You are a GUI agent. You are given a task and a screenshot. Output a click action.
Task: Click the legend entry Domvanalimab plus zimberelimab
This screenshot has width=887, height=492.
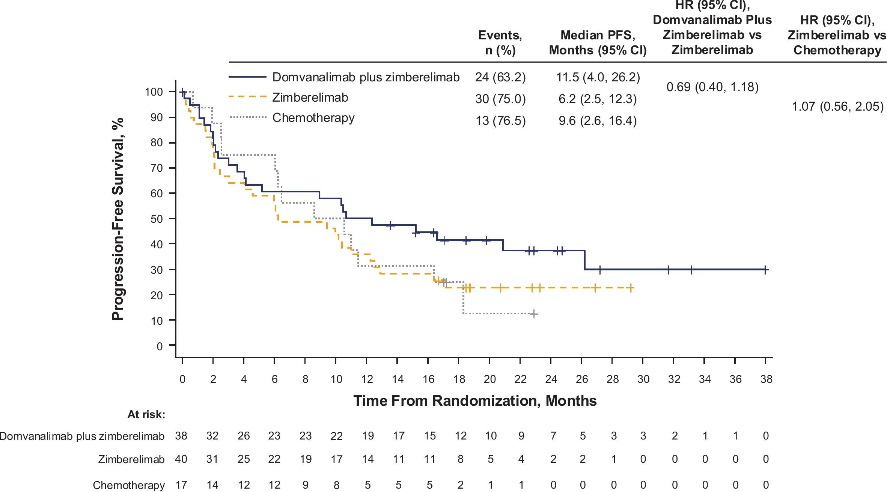coord(366,77)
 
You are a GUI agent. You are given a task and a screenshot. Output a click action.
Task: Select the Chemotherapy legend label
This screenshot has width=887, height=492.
coord(313,118)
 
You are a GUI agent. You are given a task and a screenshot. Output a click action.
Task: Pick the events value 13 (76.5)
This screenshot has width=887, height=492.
coord(500,121)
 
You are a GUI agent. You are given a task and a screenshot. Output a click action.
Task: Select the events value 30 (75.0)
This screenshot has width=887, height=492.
coord(500,99)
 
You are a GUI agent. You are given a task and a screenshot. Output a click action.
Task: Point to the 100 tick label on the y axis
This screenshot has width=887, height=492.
coord(154,92)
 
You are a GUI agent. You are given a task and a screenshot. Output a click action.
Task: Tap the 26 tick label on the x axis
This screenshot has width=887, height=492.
coord(581,379)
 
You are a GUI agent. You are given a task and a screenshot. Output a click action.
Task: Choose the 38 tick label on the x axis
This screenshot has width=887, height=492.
coord(766,379)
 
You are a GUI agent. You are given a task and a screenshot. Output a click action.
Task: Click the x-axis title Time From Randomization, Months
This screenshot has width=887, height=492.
coord(474,401)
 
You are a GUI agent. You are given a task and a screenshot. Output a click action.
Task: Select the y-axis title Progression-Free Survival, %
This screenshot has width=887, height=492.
coord(118,219)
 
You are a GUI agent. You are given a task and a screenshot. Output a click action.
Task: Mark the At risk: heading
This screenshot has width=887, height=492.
coord(146,414)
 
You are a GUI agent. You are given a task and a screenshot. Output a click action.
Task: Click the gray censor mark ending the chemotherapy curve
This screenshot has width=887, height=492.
coord(534,314)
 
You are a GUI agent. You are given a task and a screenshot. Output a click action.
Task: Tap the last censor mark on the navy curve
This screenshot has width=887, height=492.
coord(765,270)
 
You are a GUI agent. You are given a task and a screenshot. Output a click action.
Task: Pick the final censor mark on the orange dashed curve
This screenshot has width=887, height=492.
coord(631,288)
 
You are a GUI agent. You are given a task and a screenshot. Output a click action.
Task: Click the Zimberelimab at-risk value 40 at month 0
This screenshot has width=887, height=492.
coord(181,459)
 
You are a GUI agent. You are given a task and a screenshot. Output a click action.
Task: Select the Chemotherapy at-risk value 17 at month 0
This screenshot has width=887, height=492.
coord(181,485)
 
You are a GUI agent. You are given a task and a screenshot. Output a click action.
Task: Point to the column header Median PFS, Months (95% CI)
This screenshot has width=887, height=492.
coord(598,43)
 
